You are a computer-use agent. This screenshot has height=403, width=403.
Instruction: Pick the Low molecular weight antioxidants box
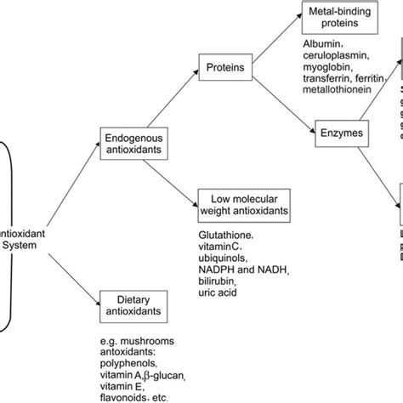(x=242, y=205)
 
